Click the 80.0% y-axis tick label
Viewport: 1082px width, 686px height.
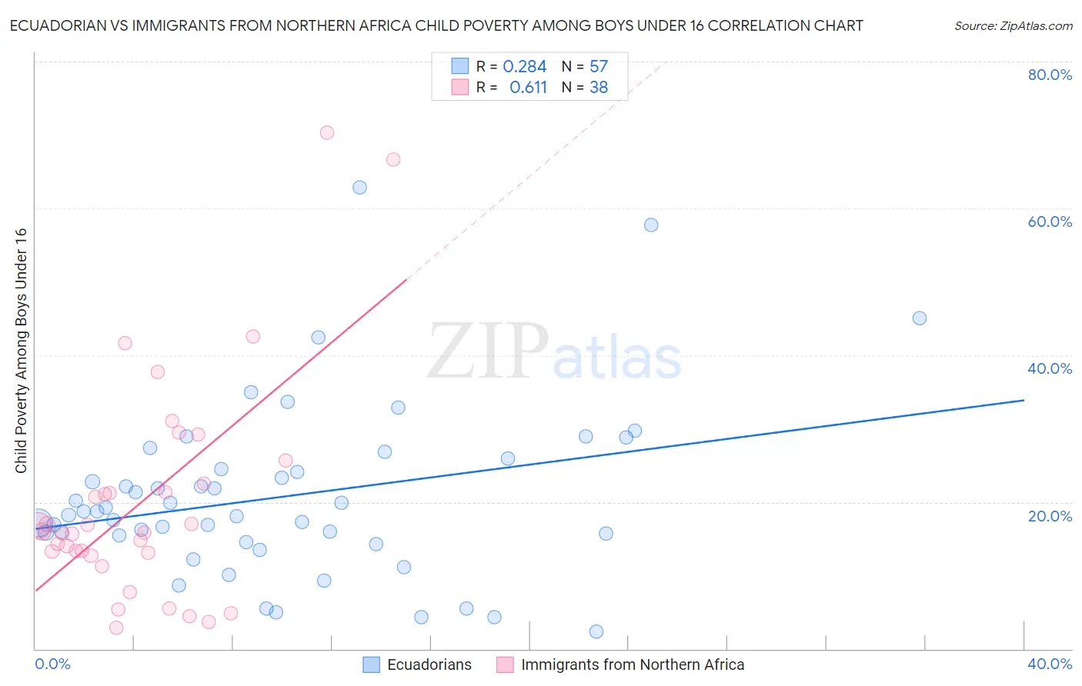pyautogui.click(x=1050, y=75)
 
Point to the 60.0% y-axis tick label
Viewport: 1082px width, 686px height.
pyautogui.click(x=1050, y=221)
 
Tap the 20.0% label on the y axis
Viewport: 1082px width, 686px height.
pyautogui.click(x=1050, y=515)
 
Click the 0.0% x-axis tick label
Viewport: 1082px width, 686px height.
pyautogui.click(x=52, y=664)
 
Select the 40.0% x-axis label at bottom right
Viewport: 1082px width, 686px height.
pyautogui.click(x=1050, y=664)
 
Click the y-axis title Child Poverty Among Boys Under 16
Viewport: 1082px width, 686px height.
pyautogui.click(x=21, y=351)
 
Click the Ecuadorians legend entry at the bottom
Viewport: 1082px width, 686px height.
pyautogui.click(x=429, y=664)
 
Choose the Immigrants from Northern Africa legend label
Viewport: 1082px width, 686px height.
pyautogui.click(x=633, y=664)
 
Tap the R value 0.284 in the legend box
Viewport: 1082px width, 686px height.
pyautogui.click(x=524, y=67)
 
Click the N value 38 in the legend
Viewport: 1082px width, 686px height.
pyautogui.click(x=599, y=88)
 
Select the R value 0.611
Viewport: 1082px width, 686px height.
pyautogui.click(x=528, y=88)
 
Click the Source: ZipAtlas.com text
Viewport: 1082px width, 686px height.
pyautogui.click(x=1014, y=26)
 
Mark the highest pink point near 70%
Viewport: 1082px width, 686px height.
pyautogui.click(x=327, y=132)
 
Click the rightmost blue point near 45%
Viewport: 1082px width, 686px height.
pyautogui.click(x=919, y=318)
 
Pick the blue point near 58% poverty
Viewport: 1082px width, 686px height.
pyautogui.click(x=651, y=225)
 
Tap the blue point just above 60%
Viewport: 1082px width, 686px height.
pyautogui.click(x=359, y=188)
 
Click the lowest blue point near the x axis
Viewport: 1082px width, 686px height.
pyautogui.click(x=596, y=631)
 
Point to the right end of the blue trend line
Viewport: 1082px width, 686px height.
pyautogui.click(x=1024, y=400)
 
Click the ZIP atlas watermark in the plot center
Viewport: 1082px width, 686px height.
pyautogui.click(x=554, y=352)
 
